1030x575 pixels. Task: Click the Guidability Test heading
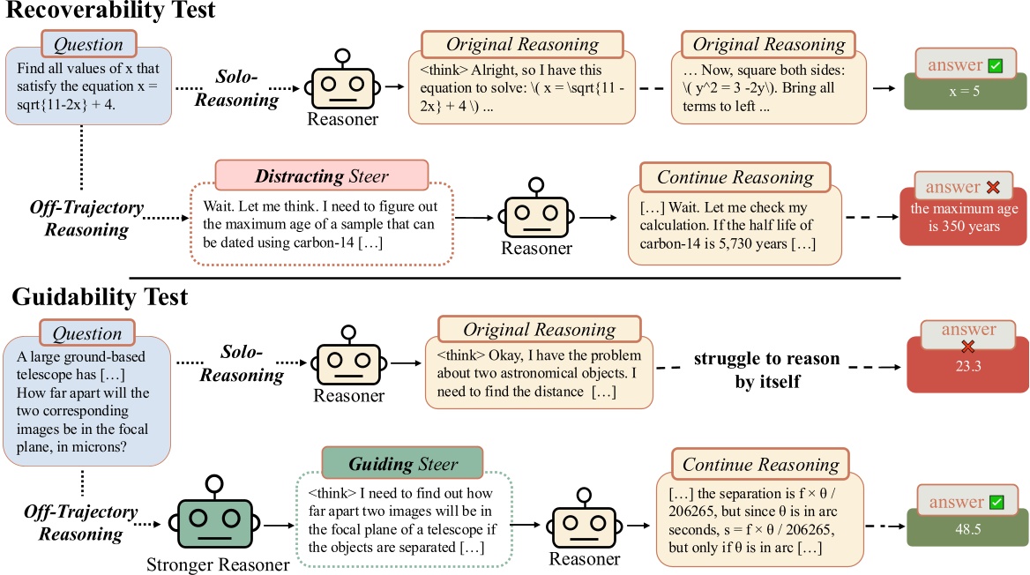[x=100, y=297]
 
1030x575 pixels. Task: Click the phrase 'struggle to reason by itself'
[x=766, y=370]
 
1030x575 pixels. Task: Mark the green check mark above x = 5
[x=994, y=65]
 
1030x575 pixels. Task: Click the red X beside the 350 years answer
[x=992, y=187]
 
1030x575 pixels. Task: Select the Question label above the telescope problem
[x=87, y=333]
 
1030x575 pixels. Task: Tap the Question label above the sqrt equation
[x=87, y=44]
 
